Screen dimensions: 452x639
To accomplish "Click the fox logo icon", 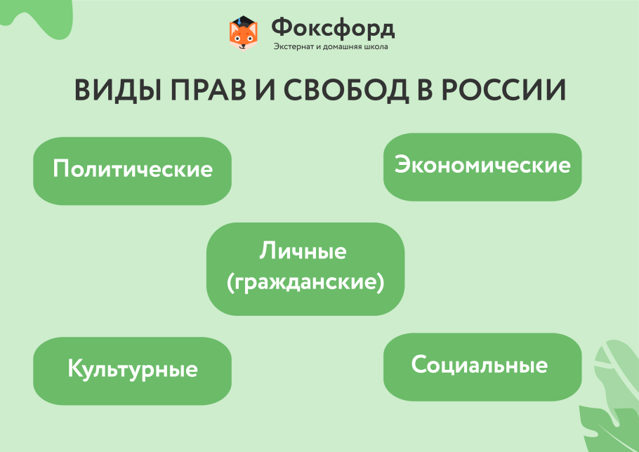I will [x=244, y=34].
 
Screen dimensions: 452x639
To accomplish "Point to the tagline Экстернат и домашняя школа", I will [x=330, y=48].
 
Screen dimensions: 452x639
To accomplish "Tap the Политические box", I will [x=132, y=171].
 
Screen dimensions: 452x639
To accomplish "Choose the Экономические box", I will [x=482, y=166].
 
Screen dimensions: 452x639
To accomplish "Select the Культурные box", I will [x=132, y=370].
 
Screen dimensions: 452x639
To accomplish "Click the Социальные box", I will [x=482, y=366].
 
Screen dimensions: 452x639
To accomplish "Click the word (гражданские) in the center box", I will [x=305, y=283].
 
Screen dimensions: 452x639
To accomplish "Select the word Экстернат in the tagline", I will [x=293, y=48].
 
